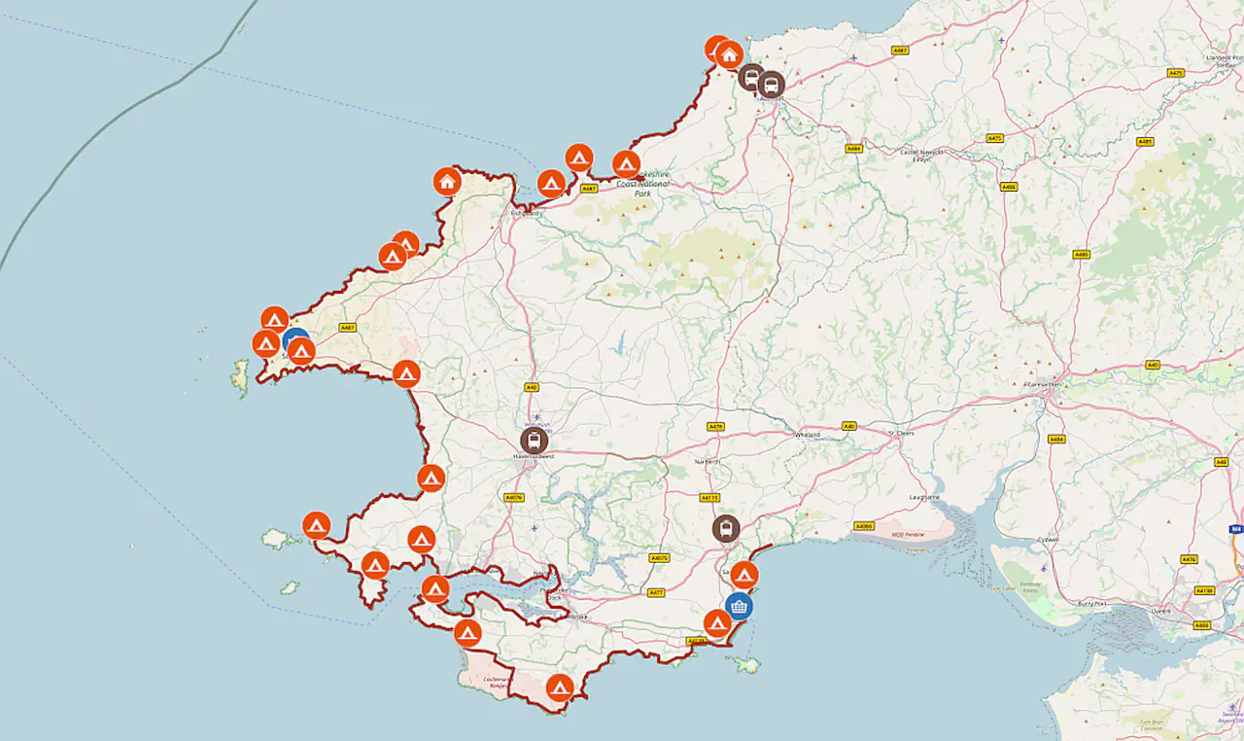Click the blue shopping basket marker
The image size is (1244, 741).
pyautogui.click(x=740, y=607)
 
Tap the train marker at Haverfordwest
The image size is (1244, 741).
pyautogui.click(x=534, y=441)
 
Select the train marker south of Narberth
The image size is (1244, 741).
pyautogui.click(x=725, y=528)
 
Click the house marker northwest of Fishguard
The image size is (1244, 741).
pyautogui.click(x=447, y=181)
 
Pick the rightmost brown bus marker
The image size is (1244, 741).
pyautogui.click(x=771, y=85)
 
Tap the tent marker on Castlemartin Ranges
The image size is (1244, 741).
pyautogui.click(x=559, y=688)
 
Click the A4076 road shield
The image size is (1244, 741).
pyautogui.click(x=514, y=497)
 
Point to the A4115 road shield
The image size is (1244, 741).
pyautogui.click(x=709, y=497)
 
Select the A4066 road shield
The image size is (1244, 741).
pyautogui.click(x=863, y=526)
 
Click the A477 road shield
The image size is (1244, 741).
pyautogui.click(x=656, y=592)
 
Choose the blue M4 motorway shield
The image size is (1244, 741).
pyautogui.click(x=1235, y=529)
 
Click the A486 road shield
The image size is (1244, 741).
pyautogui.click(x=1009, y=187)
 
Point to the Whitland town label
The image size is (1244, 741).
pyautogui.click(x=808, y=434)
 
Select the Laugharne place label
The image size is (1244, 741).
pyautogui.click(x=924, y=497)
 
